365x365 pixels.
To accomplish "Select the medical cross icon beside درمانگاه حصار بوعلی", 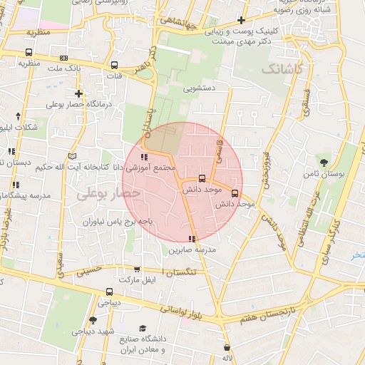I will [x=78, y=93].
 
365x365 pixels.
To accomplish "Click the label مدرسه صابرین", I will [x=190, y=251].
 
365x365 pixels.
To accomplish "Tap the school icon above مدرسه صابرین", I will [x=191, y=239].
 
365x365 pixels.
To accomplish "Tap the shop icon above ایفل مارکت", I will [x=137, y=269].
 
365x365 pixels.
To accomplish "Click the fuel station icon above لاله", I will [x=227, y=346].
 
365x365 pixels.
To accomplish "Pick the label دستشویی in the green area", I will [x=200, y=90].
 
